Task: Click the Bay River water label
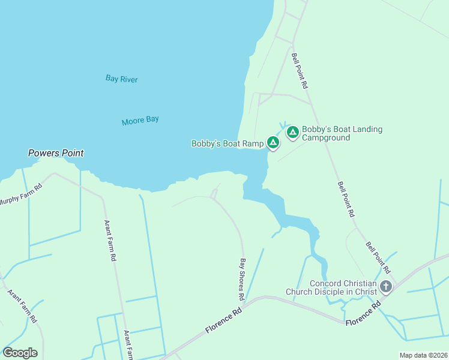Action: click(122, 79)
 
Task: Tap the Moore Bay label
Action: click(140, 120)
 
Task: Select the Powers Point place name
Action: click(56, 153)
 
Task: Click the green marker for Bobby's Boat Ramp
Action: click(273, 143)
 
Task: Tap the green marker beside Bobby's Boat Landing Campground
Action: click(293, 133)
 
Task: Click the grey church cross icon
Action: click(385, 287)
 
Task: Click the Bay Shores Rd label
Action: click(242, 280)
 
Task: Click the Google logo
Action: click(20, 353)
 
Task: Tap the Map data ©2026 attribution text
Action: click(423, 355)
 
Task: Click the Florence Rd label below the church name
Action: click(364, 314)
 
